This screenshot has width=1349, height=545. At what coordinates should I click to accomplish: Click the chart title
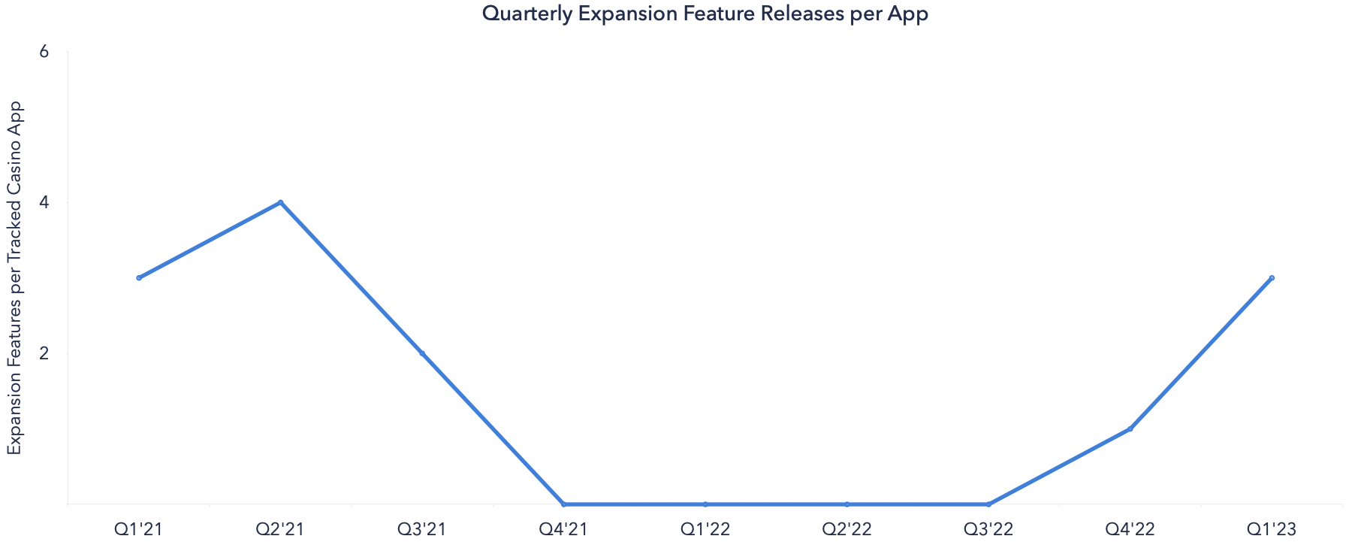click(705, 14)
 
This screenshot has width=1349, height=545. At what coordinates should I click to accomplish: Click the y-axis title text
click(15, 277)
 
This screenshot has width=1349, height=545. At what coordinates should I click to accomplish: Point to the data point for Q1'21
click(139, 278)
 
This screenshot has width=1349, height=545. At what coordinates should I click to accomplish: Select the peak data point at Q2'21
click(280, 202)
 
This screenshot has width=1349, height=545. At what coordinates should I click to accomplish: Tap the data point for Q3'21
click(422, 353)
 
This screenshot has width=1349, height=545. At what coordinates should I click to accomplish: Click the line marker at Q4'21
click(563, 504)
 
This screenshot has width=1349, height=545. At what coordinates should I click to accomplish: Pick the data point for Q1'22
click(705, 504)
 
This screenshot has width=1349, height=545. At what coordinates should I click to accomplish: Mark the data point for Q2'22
click(847, 504)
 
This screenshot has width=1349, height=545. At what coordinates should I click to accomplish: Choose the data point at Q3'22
click(988, 504)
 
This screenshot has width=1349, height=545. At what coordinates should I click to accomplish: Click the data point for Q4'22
click(1130, 428)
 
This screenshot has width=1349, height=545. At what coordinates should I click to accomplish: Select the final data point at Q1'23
click(1272, 278)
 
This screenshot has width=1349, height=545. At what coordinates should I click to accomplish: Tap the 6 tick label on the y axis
click(44, 52)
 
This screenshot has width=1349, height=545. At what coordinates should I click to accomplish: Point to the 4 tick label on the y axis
click(44, 202)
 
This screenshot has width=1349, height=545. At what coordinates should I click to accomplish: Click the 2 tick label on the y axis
click(44, 353)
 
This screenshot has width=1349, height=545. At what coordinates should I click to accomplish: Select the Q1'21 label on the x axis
click(139, 529)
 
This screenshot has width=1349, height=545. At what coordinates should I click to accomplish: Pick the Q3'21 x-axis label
click(422, 529)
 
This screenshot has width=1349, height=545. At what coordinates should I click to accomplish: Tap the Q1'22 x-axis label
click(705, 529)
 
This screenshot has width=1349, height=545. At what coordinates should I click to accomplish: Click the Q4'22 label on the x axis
click(1130, 529)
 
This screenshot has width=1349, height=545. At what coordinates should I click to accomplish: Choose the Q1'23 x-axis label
click(1272, 529)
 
